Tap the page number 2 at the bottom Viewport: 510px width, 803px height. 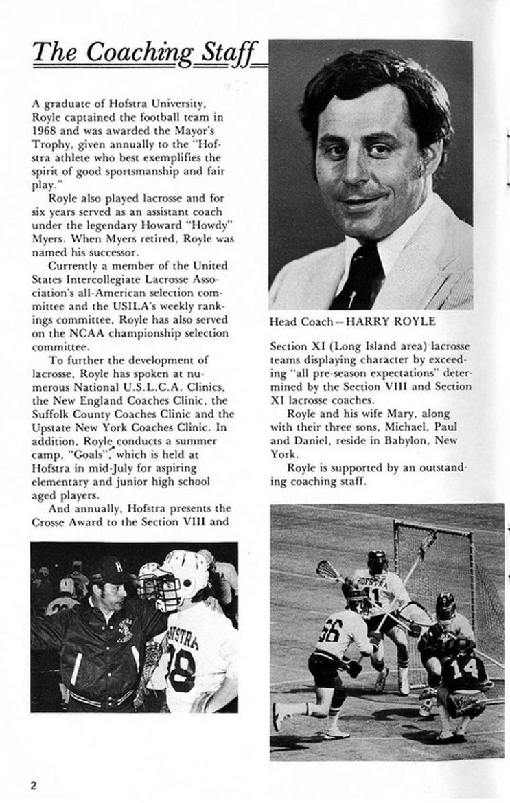pos(33,785)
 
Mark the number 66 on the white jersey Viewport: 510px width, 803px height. pos(329,630)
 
